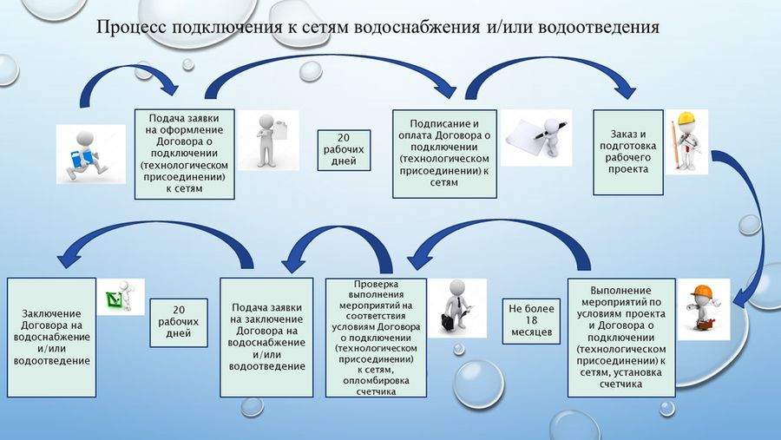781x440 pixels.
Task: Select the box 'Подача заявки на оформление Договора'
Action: (x=184, y=154)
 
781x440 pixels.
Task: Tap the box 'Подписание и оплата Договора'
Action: (x=444, y=154)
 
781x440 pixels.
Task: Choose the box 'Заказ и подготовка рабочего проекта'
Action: (x=627, y=152)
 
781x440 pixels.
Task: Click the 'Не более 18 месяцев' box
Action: (x=531, y=320)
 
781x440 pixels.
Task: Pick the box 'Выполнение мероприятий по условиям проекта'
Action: (x=621, y=338)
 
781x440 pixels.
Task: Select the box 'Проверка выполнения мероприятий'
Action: (x=376, y=338)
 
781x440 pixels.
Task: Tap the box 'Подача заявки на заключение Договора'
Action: (x=266, y=338)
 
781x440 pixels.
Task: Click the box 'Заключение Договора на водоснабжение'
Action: (x=51, y=338)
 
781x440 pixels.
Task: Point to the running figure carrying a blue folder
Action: (x=85, y=155)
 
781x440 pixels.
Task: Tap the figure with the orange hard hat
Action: (x=703, y=308)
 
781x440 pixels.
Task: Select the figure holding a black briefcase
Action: (x=456, y=306)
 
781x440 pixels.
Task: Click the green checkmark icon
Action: (x=115, y=299)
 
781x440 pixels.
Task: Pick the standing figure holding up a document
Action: (x=269, y=140)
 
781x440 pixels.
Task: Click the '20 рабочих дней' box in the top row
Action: (x=344, y=150)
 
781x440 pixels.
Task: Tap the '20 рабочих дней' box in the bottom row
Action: (x=178, y=322)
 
